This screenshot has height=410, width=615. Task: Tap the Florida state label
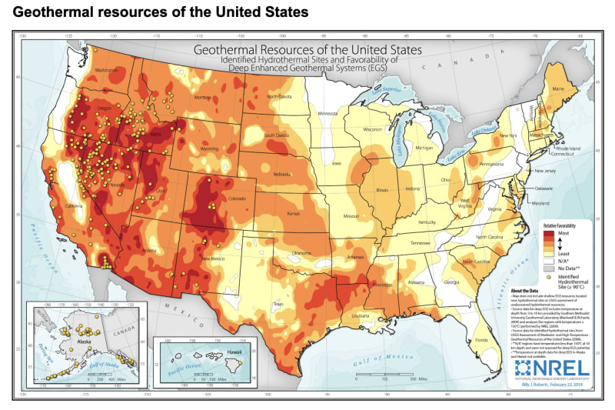[x=482, y=339]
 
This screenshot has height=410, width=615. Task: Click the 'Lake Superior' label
[x=382, y=89]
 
